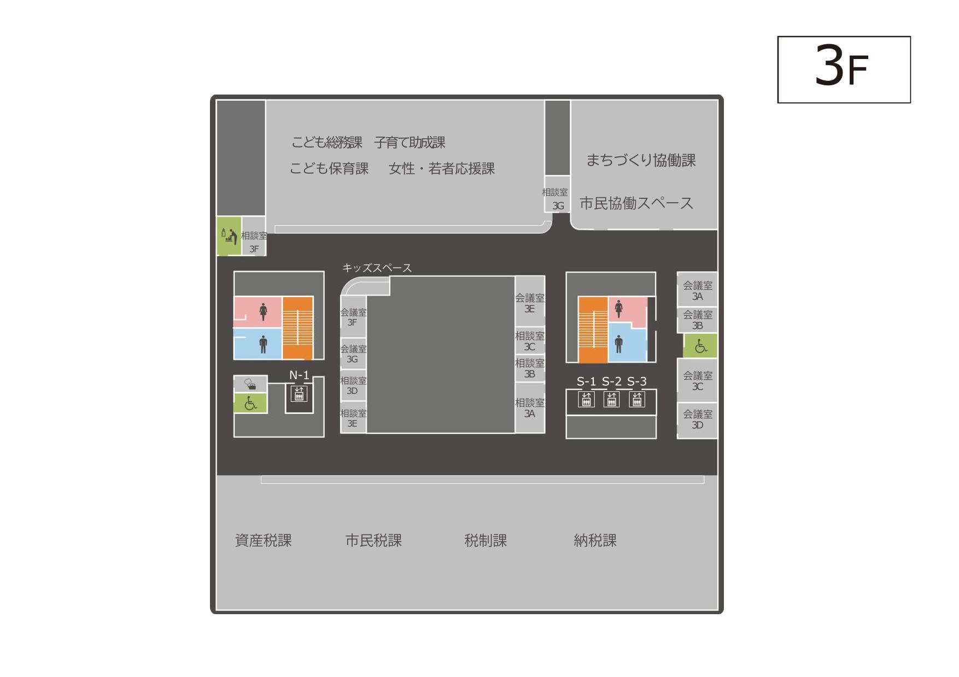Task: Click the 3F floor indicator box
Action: pos(844,69)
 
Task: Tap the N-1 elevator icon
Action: pos(299,393)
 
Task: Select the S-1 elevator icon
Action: pos(586,399)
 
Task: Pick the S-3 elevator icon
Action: pos(636,399)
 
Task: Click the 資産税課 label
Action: pos(263,540)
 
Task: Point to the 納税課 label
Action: pos(595,540)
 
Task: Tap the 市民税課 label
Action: pos(373,540)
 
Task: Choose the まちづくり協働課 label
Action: pos(641,160)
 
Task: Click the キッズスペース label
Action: pos(377,268)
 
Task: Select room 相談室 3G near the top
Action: pos(557,194)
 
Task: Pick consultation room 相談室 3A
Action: pos(530,408)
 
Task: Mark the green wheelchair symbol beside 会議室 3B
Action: pos(700,346)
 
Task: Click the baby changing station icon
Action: pos(229,236)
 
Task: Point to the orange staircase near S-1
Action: pos(593,329)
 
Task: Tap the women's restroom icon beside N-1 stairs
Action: pos(263,311)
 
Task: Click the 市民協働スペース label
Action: pos(636,203)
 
